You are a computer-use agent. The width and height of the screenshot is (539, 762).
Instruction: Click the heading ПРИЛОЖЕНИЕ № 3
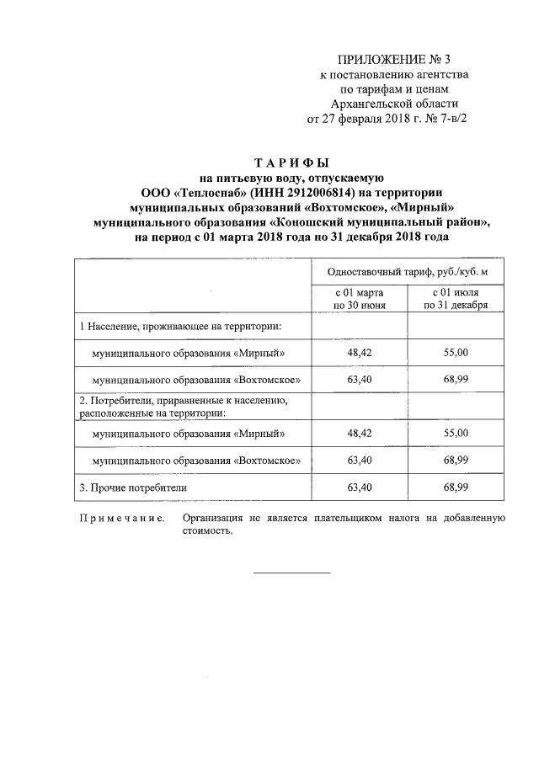click(x=394, y=59)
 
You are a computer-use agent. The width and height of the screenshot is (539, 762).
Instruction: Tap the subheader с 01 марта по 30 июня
click(x=359, y=299)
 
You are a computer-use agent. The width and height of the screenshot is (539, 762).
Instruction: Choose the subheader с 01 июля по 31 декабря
click(x=456, y=299)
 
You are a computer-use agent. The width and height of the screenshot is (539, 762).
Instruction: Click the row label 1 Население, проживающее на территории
click(x=180, y=325)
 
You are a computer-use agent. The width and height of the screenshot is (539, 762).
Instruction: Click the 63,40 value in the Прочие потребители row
click(x=359, y=488)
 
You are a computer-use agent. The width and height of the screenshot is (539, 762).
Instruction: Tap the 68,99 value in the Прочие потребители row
click(x=456, y=488)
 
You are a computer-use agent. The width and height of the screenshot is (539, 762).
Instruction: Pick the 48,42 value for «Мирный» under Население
click(x=359, y=352)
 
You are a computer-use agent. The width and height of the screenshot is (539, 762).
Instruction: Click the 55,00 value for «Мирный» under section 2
click(x=456, y=433)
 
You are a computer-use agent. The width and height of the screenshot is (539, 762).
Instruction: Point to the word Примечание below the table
click(x=121, y=520)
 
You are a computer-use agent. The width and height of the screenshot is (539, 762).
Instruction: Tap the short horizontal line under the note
click(x=291, y=573)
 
